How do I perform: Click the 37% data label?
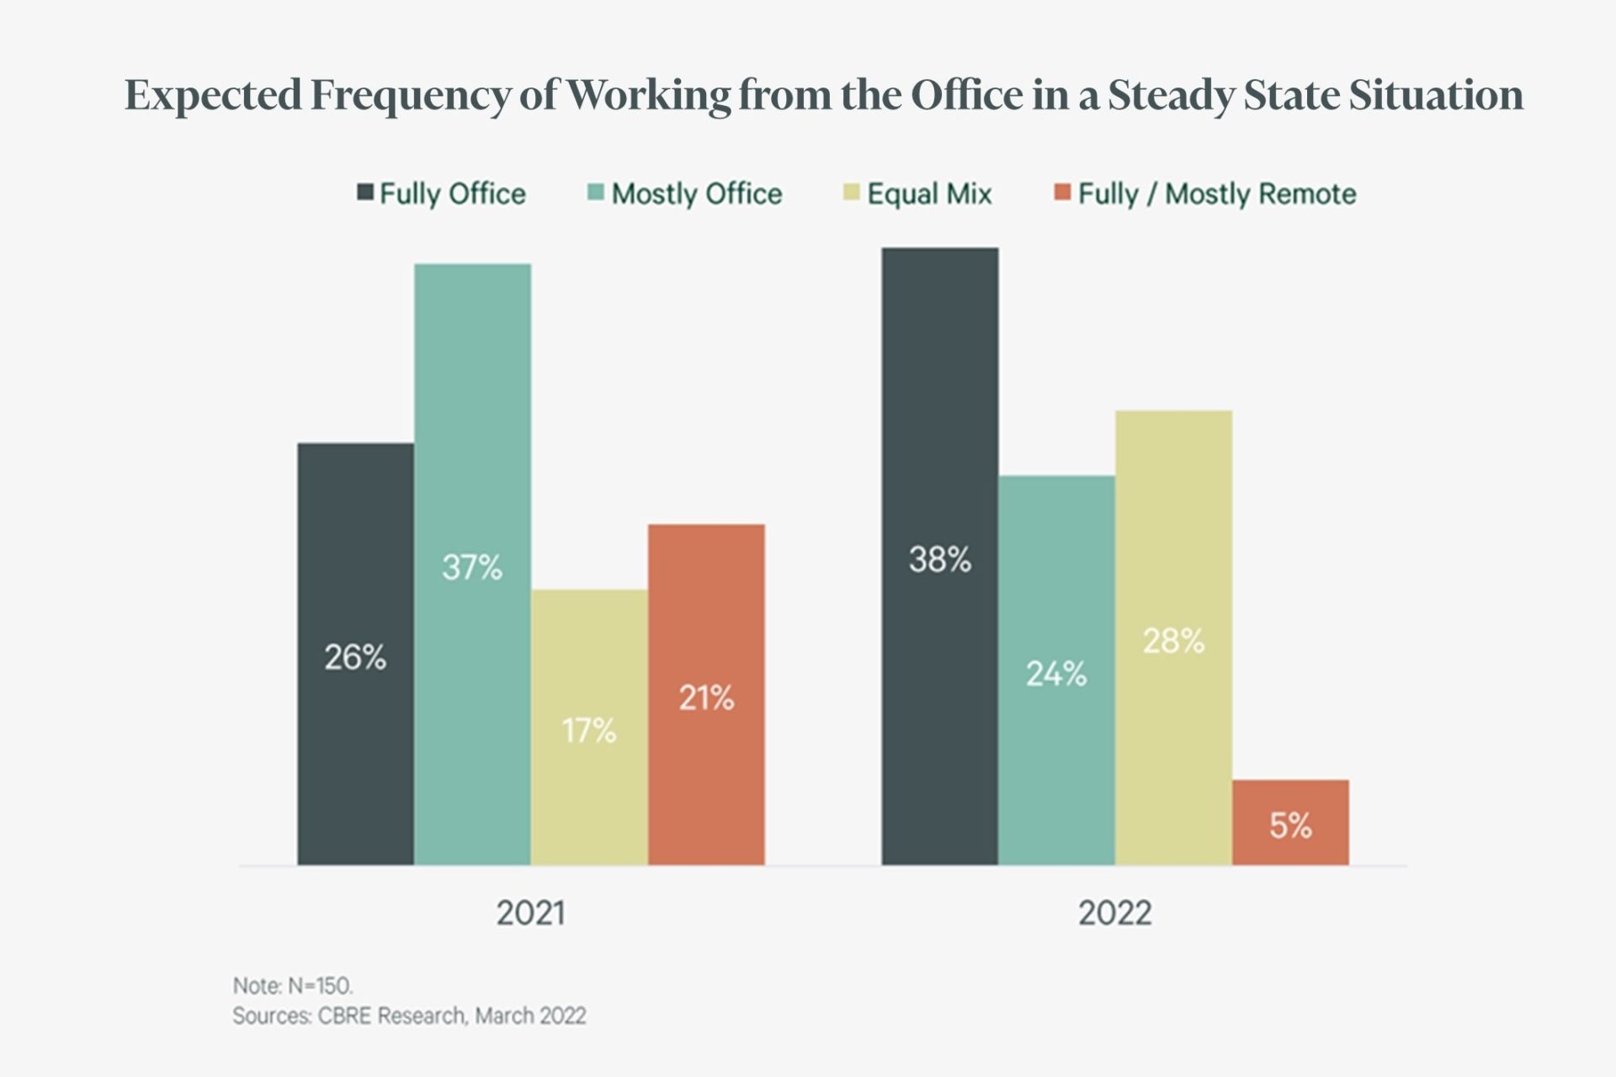click(x=472, y=568)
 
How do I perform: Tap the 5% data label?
click(x=1290, y=826)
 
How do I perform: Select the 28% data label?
click(x=1173, y=641)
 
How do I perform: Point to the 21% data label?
click(x=706, y=698)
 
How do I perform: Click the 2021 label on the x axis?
click(x=530, y=913)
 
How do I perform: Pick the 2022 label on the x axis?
click(x=1114, y=913)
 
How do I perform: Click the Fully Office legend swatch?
click(x=365, y=192)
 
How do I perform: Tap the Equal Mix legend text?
click(x=929, y=194)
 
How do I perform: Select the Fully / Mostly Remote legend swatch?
click(x=1062, y=192)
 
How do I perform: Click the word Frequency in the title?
click(x=411, y=95)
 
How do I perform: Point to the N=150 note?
click(x=293, y=985)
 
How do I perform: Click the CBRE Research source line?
click(x=409, y=1016)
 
